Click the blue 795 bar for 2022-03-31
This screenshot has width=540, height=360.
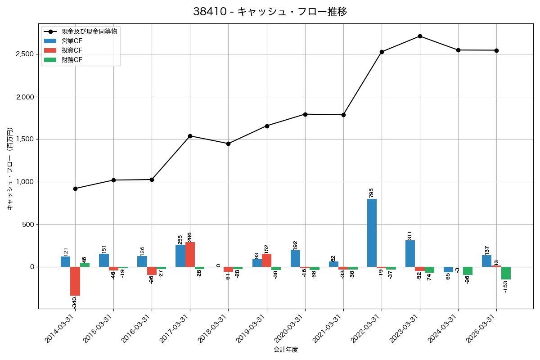372,233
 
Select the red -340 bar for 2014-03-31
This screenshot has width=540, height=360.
75,281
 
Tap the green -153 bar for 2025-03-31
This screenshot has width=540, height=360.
506,273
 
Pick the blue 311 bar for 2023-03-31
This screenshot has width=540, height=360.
410,253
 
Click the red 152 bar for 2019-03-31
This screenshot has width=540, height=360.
266,260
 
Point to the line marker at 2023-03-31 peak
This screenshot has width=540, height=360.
420,36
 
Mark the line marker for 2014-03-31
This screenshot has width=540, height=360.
75,189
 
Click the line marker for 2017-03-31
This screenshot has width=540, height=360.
190,136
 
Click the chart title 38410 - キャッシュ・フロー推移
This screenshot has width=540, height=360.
270,12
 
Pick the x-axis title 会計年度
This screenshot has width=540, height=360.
286,350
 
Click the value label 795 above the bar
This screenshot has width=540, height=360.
371,193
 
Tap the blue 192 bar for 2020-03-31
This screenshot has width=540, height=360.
295,258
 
